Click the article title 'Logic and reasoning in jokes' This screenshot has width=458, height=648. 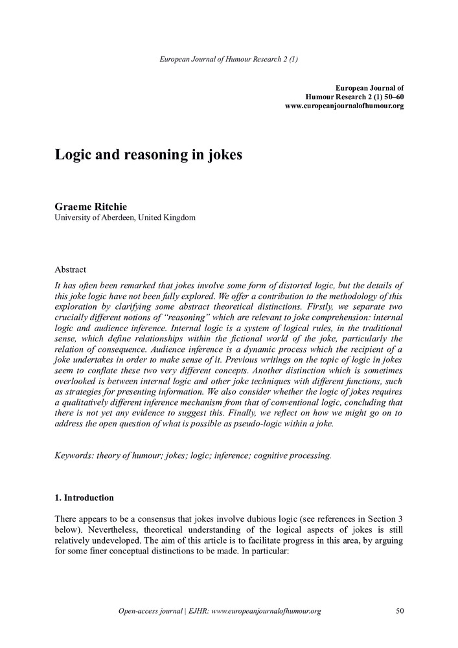(x=148, y=156)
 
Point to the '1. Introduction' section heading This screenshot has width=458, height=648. (x=84, y=498)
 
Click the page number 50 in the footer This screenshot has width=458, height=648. (x=399, y=610)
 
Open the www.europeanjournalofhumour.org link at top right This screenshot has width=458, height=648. (x=344, y=106)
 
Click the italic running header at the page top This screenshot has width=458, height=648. (x=229, y=60)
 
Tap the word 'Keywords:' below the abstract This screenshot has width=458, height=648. (x=74, y=456)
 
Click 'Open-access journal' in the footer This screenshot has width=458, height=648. (x=150, y=610)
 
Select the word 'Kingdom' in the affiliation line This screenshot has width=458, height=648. (x=178, y=218)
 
